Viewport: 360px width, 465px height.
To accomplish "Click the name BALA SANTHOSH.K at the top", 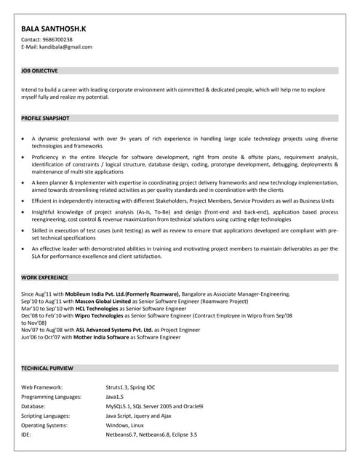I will click(54, 28).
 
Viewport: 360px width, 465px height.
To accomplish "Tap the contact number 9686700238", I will click(57, 39).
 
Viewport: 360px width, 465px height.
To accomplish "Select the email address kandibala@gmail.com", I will click(66, 46).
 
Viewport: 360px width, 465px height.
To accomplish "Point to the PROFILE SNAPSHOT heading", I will click(46, 118).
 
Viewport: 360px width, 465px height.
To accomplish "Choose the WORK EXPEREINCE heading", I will click(44, 278).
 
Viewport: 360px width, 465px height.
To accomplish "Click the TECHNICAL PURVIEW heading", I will click(47, 368).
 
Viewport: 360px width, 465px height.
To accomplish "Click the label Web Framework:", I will click(42, 387).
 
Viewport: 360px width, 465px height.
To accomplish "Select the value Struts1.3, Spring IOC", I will click(130, 387).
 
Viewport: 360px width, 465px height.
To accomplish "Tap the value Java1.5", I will click(115, 397).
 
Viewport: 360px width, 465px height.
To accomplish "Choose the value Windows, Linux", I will click(124, 424).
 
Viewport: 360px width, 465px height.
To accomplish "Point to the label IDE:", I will click(28, 434).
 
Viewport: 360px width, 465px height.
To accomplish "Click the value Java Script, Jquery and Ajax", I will click(138, 416).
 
